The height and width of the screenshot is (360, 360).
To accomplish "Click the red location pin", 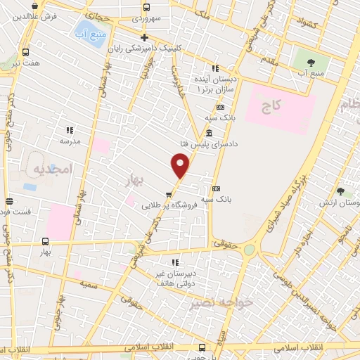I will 181,166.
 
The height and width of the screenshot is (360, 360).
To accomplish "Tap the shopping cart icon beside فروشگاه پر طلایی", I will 169,195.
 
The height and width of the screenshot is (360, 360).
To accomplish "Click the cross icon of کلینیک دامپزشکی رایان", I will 144,38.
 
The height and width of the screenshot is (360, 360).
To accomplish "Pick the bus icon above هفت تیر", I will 26,53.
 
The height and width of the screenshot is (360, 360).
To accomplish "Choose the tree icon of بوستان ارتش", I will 341,191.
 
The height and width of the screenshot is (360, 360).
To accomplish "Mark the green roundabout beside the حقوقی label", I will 249,250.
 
